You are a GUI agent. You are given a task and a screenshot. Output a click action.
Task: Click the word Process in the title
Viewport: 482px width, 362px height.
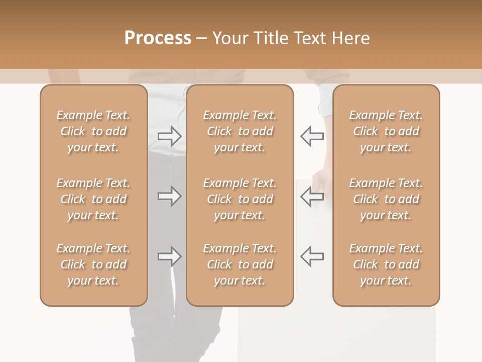(x=158, y=38)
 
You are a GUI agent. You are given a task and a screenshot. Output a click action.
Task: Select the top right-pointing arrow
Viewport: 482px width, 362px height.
(x=170, y=136)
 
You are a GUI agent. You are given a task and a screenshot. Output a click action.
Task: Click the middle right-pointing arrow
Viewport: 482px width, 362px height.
(x=170, y=196)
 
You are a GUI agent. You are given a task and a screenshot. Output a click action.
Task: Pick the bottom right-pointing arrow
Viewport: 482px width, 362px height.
(x=170, y=256)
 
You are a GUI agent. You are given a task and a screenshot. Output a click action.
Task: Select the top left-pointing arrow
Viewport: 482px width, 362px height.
(x=312, y=136)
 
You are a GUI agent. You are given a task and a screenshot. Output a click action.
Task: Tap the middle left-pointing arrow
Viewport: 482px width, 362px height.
(x=312, y=196)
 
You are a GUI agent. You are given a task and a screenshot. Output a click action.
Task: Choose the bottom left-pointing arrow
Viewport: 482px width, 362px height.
(x=312, y=256)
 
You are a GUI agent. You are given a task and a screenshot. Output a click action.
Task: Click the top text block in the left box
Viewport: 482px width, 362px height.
(x=93, y=131)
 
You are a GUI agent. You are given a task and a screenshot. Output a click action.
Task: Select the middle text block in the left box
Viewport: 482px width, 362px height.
(x=93, y=199)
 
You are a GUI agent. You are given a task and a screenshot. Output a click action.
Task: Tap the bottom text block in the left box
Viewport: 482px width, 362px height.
(x=93, y=264)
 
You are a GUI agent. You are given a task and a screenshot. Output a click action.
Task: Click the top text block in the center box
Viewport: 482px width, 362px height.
(x=240, y=131)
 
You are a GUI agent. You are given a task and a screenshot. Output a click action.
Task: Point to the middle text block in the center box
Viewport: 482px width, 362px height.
(x=240, y=199)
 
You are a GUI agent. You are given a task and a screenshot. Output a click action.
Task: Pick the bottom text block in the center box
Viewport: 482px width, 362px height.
(x=240, y=264)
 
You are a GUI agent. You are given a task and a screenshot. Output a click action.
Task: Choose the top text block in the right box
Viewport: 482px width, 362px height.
(x=386, y=131)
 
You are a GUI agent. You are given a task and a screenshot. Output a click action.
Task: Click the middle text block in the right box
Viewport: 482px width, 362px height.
(x=386, y=199)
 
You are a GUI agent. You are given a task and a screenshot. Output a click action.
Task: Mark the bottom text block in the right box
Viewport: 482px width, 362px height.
(x=386, y=264)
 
